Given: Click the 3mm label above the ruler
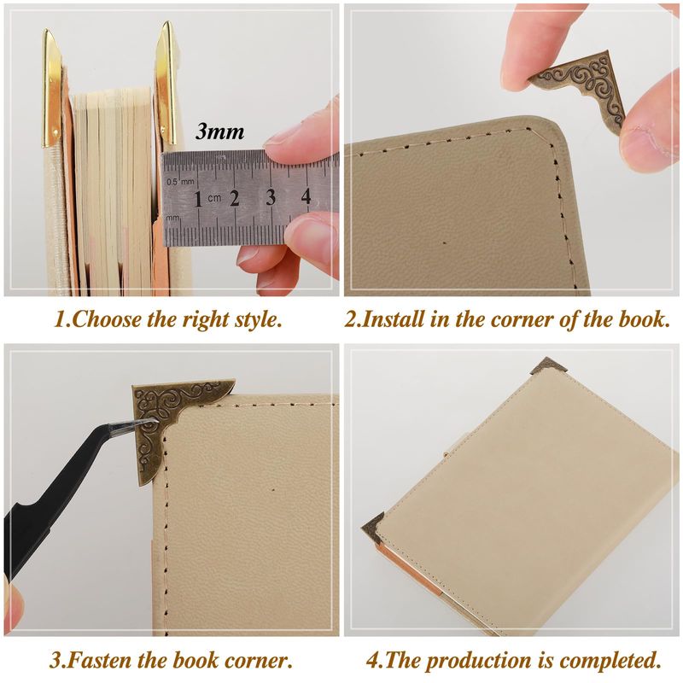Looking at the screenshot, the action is (219, 131).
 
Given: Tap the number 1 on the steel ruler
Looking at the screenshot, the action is (198, 200).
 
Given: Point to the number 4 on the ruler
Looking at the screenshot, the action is (306, 196).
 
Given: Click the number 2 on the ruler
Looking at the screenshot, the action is (234, 199).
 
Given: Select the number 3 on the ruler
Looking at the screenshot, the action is (271, 197).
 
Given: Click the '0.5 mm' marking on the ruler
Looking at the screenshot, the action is (180, 181).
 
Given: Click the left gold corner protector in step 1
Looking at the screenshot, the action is (51, 89).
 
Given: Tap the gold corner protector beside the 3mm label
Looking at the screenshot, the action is (166, 83).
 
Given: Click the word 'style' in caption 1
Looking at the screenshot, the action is (257, 320).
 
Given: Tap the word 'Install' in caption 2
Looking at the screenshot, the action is (392, 319).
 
